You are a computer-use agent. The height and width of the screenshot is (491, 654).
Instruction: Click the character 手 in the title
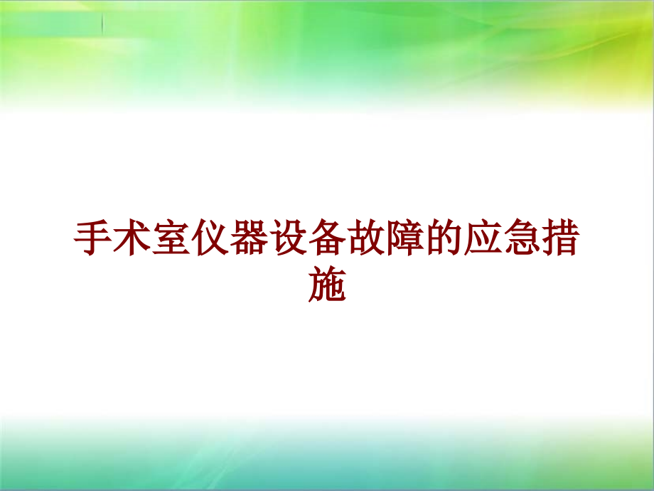[93, 241]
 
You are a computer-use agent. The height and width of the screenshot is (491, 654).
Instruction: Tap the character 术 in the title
[132, 241]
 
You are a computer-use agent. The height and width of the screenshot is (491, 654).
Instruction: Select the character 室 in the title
[171, 241]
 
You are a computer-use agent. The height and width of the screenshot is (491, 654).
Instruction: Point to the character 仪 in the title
[210, 241]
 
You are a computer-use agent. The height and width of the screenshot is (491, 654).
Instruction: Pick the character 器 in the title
[250, 241]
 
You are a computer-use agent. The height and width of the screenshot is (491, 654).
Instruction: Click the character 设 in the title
[289, 241]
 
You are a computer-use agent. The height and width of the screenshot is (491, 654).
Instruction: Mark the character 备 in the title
[328, 241]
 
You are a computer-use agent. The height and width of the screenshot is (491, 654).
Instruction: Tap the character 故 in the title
[367, 241]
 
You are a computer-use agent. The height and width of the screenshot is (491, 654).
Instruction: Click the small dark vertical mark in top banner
[102, 23]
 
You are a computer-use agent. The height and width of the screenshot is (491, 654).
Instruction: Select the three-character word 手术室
[132, 241]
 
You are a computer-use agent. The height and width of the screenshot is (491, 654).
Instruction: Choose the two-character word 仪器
[230, 241]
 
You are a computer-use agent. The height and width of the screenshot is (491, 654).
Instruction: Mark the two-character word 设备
[309, 241]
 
